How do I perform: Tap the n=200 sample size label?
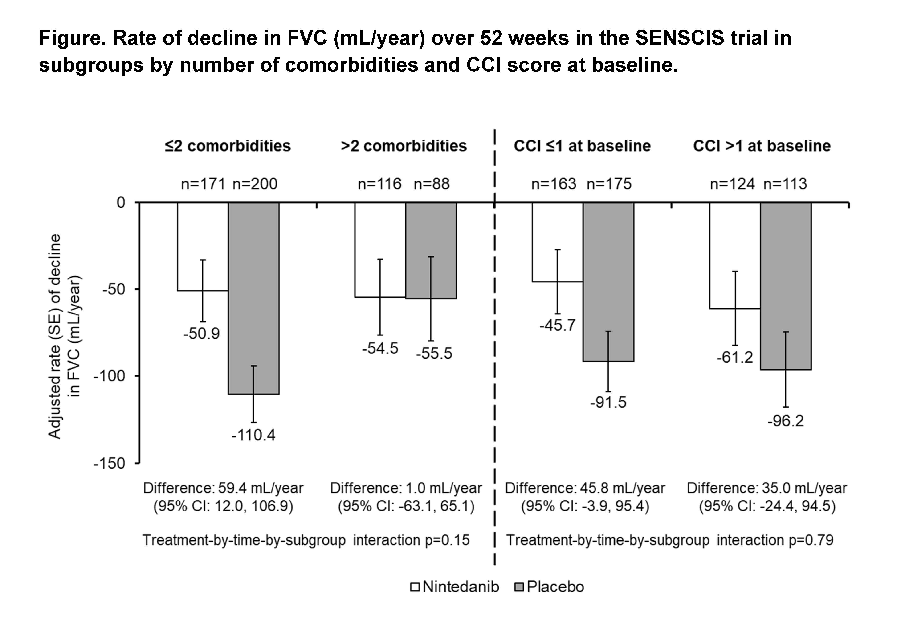(x=255, y=184)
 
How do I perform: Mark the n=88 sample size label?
(x=432, y=184)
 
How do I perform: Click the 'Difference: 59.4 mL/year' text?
(x=223, y=488)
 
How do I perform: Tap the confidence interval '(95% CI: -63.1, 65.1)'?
(x=406, y=506)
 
